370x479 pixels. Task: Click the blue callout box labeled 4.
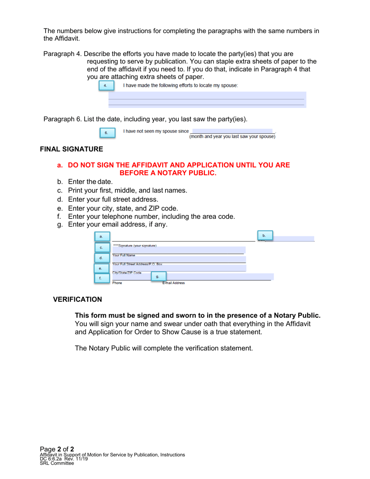click(x=105, y=86)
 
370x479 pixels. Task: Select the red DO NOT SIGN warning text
click(x=173, y=169)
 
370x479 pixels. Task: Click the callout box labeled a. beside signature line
click(x=101, y=236)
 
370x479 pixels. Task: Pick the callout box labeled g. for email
click(x=157, y=276)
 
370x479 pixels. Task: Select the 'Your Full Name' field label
click(x=123, y=255)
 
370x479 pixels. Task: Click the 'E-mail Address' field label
click(x=173, y=283)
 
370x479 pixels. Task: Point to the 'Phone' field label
click(x=117, y=283)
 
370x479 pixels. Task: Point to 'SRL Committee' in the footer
click(x=57, y=463)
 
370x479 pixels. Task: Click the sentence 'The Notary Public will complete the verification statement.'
click(x=164, y=348)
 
